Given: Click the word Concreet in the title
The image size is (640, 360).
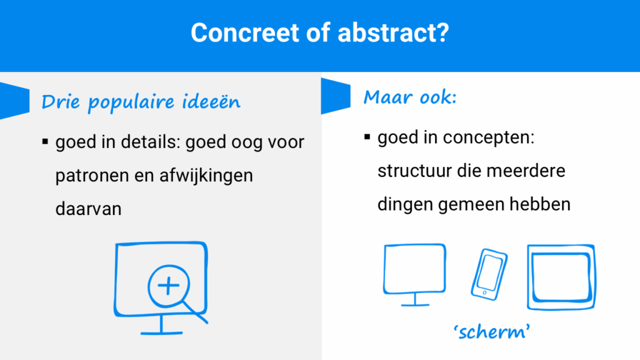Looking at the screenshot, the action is [244, 32].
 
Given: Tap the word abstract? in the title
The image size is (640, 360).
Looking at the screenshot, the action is [393, 32].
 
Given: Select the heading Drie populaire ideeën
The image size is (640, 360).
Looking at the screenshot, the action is [141, 102].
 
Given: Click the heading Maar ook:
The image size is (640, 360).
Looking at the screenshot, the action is [410, 97].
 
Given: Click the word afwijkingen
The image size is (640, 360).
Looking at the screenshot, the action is [206, 176].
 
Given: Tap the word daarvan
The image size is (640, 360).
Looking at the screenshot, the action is [88, 209].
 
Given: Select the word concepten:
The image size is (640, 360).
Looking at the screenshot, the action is [489, 137].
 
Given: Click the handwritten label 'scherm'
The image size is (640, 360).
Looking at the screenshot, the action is [492, 331].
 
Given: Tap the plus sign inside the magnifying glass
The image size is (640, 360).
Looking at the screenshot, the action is [168, 285].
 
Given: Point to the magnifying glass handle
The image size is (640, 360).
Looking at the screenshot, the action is [195, 312].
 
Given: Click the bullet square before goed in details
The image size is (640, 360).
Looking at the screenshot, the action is [45, 142].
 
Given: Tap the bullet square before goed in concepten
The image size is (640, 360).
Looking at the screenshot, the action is [367, 137].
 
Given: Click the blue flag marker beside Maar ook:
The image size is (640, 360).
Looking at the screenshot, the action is [336, 96].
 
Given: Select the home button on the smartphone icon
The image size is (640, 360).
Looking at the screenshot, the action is [484, 292].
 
